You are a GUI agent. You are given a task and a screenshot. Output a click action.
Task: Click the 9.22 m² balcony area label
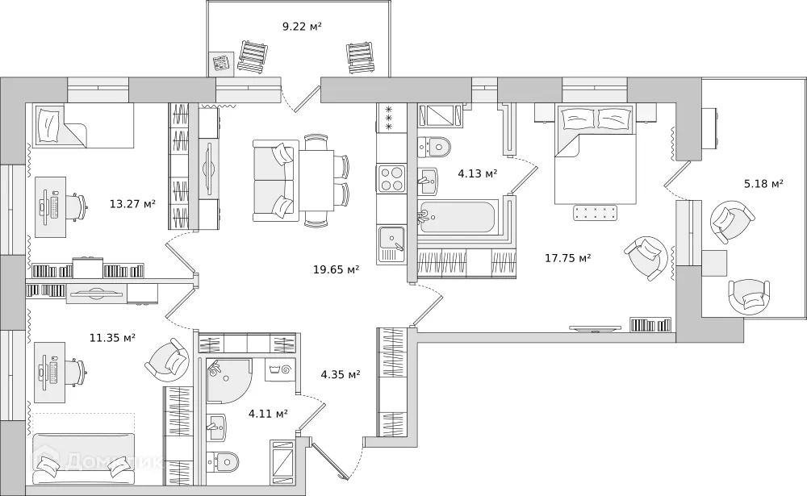302,27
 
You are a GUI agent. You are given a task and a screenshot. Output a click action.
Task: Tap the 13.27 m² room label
132,204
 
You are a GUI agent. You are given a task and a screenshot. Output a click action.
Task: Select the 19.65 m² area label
336,269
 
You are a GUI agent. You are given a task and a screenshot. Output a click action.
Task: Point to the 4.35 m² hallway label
340,374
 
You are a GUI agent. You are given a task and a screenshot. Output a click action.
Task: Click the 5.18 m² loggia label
763,185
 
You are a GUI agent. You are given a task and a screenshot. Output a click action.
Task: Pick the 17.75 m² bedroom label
567,258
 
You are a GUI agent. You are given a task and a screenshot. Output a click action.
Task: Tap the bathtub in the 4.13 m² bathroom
457,216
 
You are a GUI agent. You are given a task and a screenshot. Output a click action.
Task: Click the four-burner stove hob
391,178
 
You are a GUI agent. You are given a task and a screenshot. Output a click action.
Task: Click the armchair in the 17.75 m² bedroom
647,257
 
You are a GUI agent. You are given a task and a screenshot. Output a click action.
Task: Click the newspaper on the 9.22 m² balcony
221,63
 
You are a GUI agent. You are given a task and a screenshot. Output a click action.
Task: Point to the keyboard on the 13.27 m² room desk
53,207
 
